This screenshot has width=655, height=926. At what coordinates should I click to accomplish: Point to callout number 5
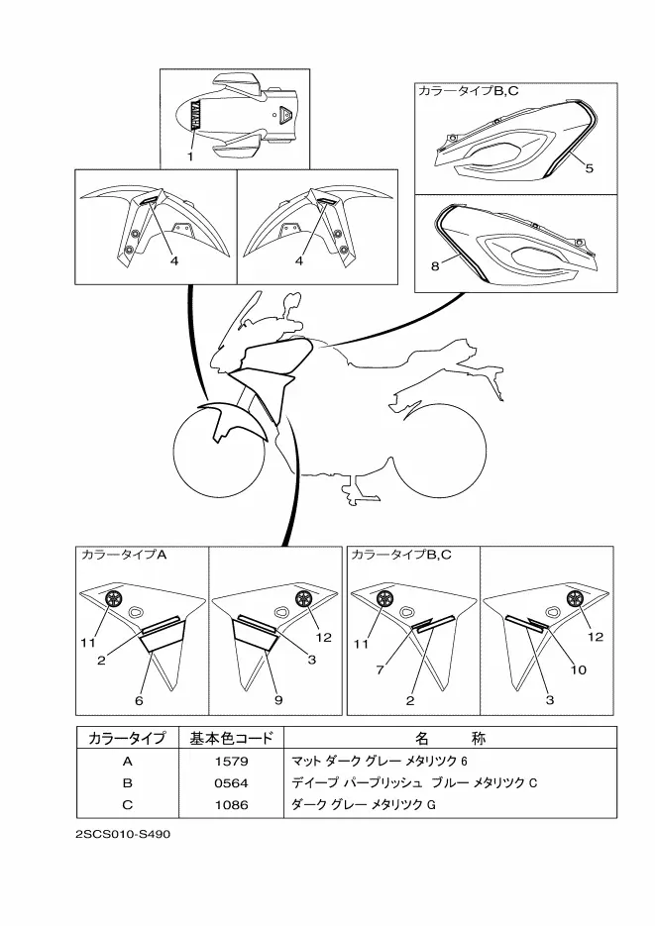click(x=589, y=168)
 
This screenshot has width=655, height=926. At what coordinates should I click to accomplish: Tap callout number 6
click(x=139, y=700)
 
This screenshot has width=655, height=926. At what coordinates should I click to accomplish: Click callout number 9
click(x=278, y=700)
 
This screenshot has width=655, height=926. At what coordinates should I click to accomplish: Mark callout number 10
click(x=579, y=669)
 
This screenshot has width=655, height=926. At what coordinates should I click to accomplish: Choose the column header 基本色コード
click(x=230, y=739)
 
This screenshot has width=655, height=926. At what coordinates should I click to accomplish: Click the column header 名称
click(x=450, y=739)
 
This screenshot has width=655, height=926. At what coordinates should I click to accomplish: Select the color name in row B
click(x=413, y=782)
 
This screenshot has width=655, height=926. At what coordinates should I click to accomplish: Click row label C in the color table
click(x=127, y=803)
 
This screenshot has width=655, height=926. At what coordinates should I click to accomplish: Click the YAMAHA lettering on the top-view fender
click(x=195, y=112)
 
